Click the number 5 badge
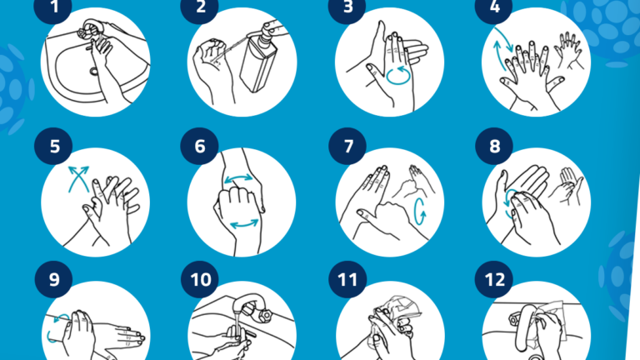pos(53,146)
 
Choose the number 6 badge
pos(200,146)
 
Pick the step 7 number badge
pos(347,146)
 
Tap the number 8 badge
pos(494,146)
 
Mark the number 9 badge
pos(53,280)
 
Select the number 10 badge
pos(200,280)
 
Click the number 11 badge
pos(347,280)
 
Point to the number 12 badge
pos(494,280)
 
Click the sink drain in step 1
pos(94,72)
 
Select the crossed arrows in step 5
pos(78,178)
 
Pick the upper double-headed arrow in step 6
pos(238,178)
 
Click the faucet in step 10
pos(250,305)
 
